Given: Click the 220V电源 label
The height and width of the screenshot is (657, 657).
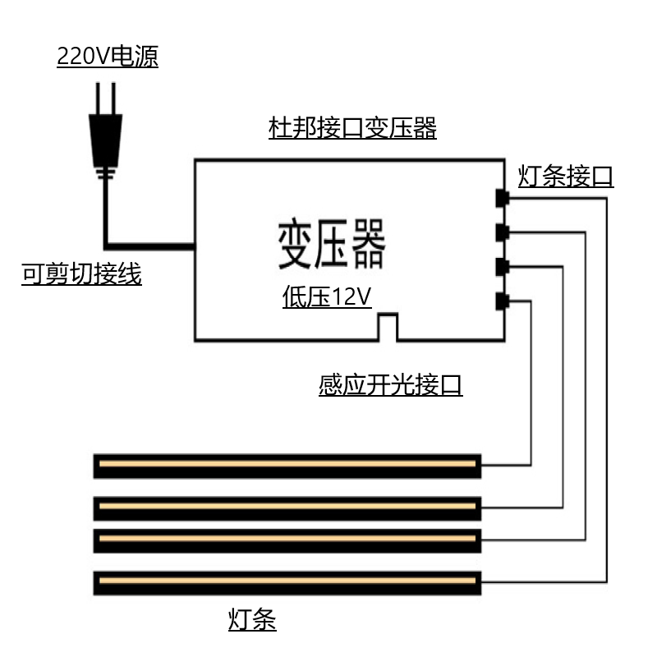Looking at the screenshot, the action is point(108,56).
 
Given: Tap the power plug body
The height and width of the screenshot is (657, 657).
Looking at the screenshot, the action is point(106,140).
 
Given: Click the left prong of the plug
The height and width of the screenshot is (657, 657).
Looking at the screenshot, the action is point(98,99).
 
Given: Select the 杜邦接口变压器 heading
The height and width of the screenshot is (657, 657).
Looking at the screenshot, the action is point(352,128).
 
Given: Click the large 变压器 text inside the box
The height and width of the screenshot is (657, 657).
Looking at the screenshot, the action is point(332,243).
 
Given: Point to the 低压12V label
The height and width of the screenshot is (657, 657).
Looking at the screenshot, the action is point(327,296).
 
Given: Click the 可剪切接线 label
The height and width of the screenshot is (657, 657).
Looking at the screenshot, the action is point(81,274).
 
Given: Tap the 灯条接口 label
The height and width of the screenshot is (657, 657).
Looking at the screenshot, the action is point(566,176).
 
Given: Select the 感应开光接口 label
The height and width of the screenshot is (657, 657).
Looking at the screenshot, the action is point(391,384).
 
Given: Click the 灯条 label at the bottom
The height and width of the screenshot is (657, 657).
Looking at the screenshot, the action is point(252,620).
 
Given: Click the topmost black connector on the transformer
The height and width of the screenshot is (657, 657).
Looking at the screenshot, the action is point(502,198).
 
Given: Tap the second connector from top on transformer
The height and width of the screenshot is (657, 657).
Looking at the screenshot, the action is point(502,232).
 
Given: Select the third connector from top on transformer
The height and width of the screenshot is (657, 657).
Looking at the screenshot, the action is point(502,267).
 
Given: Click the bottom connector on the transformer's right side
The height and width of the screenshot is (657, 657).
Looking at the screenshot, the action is point(502,301).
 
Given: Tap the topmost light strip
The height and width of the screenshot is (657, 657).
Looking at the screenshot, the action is point(287,466).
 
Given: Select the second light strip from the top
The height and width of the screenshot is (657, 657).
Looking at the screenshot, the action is point(287,508).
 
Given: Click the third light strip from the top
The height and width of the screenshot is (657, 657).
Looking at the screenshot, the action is point(287,540).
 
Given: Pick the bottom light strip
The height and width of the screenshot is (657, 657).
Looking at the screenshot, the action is point(287,583).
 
